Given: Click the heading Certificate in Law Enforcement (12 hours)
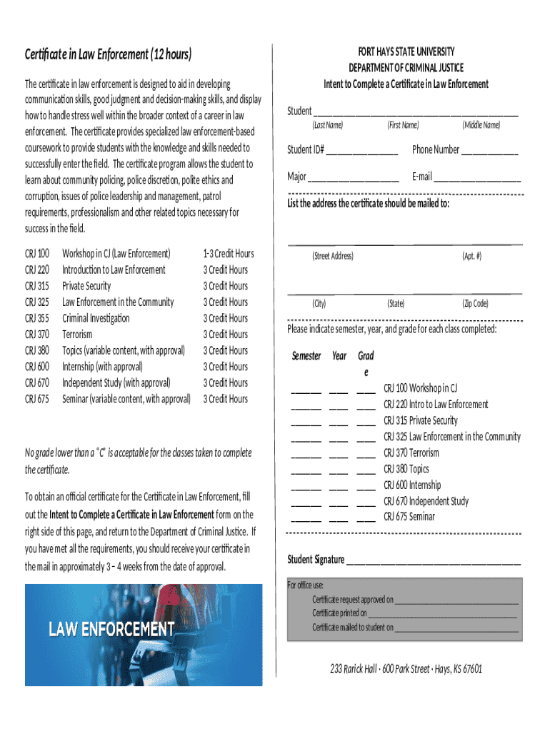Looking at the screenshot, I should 108,54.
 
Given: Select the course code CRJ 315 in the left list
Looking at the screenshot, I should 37,286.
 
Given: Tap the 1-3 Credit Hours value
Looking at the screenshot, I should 228,254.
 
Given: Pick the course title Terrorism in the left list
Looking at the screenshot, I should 77,335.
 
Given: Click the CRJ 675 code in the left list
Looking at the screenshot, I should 37,399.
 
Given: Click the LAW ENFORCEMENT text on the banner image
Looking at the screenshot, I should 111,630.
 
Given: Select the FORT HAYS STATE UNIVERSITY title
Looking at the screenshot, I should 406,52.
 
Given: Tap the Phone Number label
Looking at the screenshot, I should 436,149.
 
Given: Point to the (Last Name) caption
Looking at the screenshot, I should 327,126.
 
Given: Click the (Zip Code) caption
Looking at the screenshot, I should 475,304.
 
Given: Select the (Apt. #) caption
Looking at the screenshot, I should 471,256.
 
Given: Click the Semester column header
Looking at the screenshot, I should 306,356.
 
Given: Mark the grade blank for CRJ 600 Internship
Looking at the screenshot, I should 366,487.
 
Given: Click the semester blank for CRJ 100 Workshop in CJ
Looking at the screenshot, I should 306,390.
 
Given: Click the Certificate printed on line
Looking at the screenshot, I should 442,614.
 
